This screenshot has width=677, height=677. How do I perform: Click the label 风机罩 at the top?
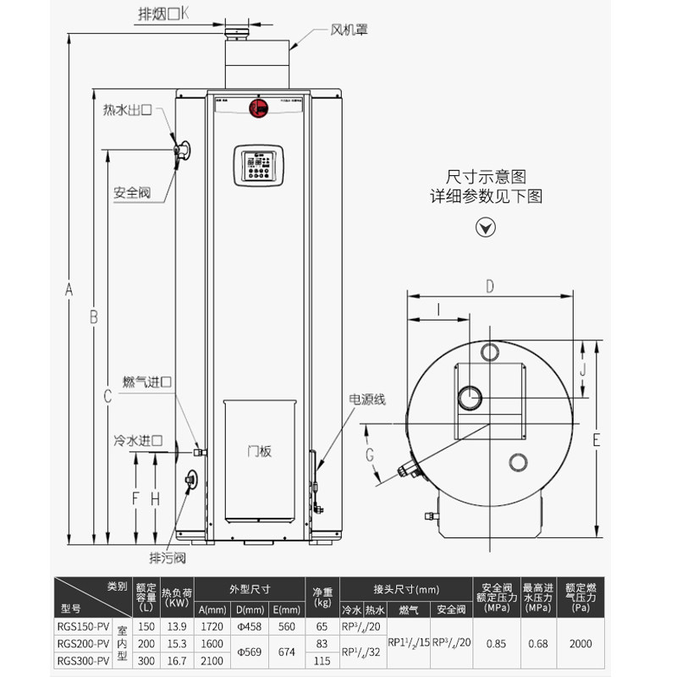pos(350,30)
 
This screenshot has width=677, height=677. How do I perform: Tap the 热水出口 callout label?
pos(127,110)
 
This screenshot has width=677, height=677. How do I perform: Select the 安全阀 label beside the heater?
pos(131,193)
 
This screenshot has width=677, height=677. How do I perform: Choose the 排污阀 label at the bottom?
pos(167,558)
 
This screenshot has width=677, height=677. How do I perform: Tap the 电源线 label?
pos(366,399)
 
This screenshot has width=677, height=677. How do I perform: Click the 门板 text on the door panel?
pos(260,452)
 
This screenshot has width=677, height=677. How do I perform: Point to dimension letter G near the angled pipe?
pos(370,454)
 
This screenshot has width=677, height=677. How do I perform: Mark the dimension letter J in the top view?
pos(582,369)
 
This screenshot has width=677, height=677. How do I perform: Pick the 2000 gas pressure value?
pos(581,644)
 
